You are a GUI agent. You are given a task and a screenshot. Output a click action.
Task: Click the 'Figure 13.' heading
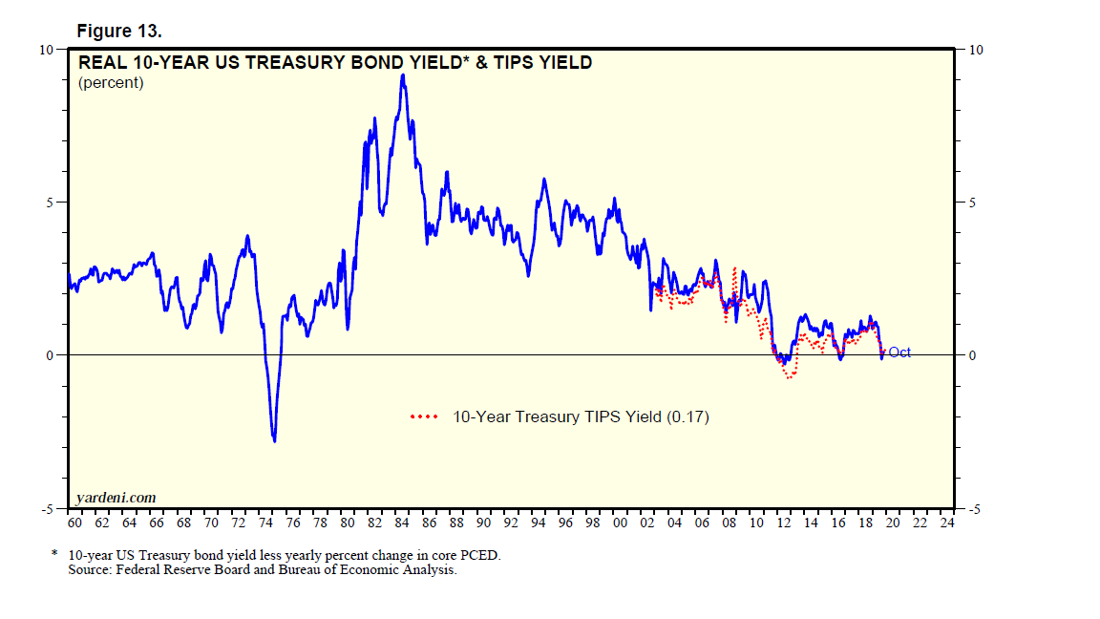(x=120, y=31)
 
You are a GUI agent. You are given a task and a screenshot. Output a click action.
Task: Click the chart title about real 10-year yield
(x=334, y=63)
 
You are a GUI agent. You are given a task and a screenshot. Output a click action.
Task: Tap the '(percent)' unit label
(x=111, y=83)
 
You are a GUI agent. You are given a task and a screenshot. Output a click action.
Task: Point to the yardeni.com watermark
(x=116, y=498)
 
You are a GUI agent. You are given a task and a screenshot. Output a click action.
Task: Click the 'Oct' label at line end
(x=899, y=352)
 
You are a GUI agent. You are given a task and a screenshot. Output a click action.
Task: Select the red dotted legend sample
(x=423, y=417)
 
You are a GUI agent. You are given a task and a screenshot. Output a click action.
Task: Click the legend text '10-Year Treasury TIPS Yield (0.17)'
(x=581, y=417)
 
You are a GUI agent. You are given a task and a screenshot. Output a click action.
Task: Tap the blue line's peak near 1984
(x=403, y=75)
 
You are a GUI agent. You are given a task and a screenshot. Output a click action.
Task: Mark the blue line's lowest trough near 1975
(x=275, y=440)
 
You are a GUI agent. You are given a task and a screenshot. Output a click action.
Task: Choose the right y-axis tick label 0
(x=972, y=355)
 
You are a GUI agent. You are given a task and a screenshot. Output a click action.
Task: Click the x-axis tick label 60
(x=75, y=523)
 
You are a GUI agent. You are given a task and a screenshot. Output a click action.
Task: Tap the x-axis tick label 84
(x=403, y=523)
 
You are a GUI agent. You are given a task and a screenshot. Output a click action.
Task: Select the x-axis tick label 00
(x=621, y=523)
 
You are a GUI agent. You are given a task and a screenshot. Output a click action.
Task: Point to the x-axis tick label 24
(x=946, y=523)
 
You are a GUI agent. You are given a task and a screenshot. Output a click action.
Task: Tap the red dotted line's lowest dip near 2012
(x=790, y=378)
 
